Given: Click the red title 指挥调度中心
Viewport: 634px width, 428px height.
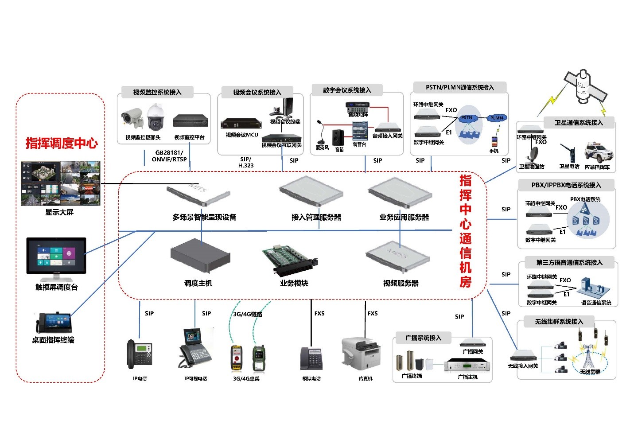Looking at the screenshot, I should click(62, 143).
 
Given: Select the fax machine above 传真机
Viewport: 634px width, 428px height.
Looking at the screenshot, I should click(361, 353).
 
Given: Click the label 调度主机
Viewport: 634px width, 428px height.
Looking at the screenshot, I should click(198, 283).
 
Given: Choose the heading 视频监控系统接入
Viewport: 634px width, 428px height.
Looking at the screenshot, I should click(157, 92).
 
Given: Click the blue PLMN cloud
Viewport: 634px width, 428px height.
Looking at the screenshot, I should click(496, 118).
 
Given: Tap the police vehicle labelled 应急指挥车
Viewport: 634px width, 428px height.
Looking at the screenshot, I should click(599, 152).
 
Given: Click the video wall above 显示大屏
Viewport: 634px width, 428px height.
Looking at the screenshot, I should click(61, 183).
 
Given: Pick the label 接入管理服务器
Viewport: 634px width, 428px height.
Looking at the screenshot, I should click(316, 217).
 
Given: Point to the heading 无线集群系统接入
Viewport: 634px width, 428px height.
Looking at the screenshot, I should click(559, 322).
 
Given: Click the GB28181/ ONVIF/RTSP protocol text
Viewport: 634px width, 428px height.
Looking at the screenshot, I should click(169, 156).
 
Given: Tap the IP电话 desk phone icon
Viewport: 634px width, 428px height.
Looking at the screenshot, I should click(139, 354).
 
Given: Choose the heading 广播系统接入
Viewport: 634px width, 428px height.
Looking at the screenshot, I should click(423, 338).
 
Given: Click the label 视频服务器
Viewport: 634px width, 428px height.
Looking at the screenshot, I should click(401, 283).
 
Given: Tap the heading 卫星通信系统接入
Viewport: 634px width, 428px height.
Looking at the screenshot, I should click(579, 122).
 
